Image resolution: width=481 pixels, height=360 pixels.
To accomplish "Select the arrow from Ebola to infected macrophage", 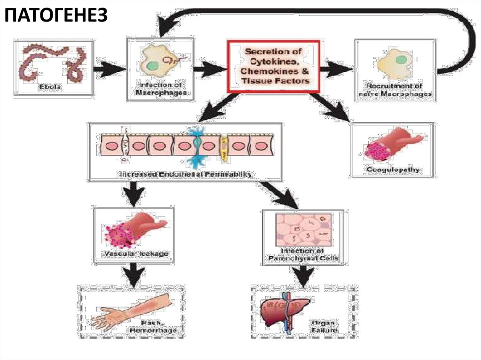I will pyautogui.click(x=109, y=70).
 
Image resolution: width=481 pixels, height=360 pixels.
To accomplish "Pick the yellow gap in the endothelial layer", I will pyautogui.click(x=225, y=146).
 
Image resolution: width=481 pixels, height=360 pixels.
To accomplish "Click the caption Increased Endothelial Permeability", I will pyautogui.click(x=185, y=175).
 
